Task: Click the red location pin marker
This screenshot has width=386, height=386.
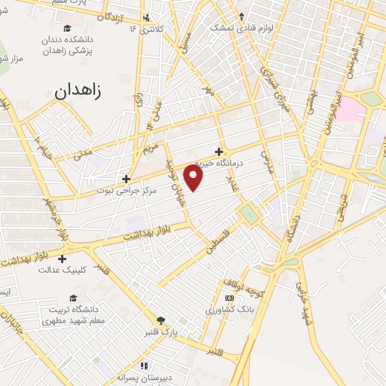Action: tap(195, 178)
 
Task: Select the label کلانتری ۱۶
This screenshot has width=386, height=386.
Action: tap(145, 29)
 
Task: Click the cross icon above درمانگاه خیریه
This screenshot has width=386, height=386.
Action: tap(219, 151)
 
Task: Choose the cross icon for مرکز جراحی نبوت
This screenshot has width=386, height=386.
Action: tap(126, 179)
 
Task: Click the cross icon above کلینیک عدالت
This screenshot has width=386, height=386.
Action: tap(61, 259)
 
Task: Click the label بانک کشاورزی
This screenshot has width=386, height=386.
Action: tap(229, 310)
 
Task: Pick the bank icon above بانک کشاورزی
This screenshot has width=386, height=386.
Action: tap(229, 299)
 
